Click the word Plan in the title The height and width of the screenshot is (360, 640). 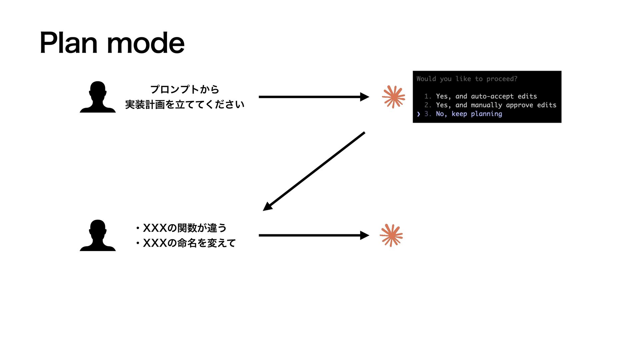(69, 43)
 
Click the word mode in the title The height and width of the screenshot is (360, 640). (146, 44)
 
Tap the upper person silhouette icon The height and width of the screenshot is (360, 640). (98, 97)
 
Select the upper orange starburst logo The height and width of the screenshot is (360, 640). (393, 97)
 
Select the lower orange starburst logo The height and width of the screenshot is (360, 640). (391, 235)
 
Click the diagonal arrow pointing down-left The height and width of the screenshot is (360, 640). (314, 171)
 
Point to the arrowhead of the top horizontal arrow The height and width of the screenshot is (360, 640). (365, 97)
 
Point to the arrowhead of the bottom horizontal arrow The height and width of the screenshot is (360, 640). (365, 235)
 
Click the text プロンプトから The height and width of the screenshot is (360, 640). (185, 89)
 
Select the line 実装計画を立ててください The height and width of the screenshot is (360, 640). (185, 105)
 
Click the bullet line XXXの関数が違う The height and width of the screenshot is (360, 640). (185, 228)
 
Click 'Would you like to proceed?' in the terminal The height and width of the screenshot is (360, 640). (467, 79)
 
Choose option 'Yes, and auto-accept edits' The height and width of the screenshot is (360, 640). (486, 96)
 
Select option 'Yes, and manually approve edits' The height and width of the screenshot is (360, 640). (496, 105)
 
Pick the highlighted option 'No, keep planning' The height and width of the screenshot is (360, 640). (469, 114)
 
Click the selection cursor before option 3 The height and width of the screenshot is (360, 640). (419, 114)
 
